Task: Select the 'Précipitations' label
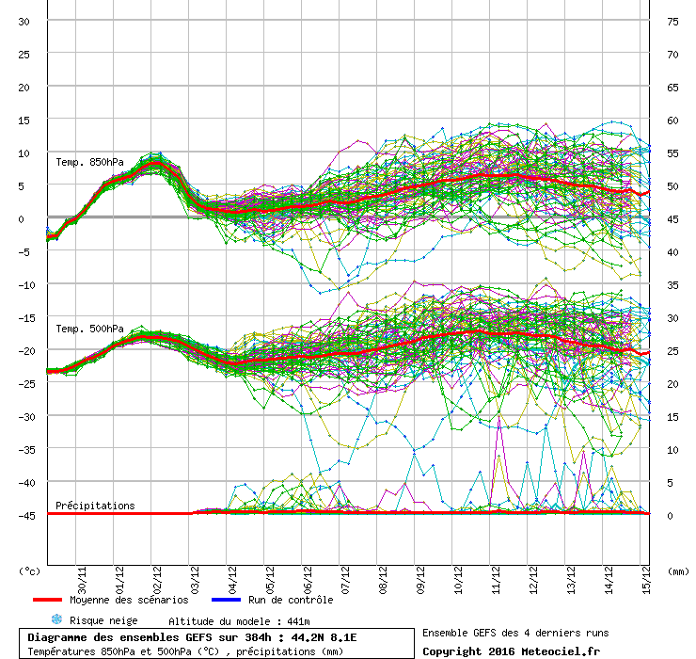pyautogui.click(x=95, y=506)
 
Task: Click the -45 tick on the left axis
pyautogui.click(x=24, y=515)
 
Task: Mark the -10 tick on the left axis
pyautogui.click(x=24, y=284)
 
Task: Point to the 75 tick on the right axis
pyautogui.click(x=672, y=22)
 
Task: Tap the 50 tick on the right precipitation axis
pyautogui.click(x=672, y=186)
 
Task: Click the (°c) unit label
pyautogui.click(x=29, y=571)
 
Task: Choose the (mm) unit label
pyautogui.click(x=676, y=571)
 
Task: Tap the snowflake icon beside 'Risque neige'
pyautogui.click(x=56, y=620)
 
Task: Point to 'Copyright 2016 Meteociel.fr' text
pyautogui.click(x=511, y=651)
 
